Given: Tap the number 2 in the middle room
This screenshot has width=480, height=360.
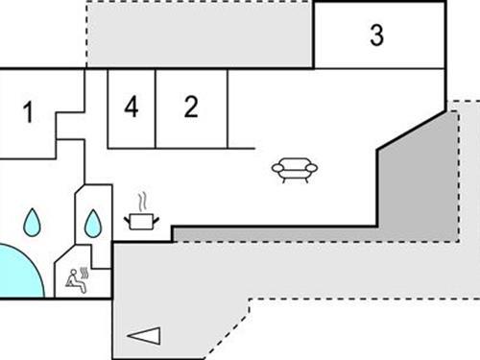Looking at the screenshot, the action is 191,107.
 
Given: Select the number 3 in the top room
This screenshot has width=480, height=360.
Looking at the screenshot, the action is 376,36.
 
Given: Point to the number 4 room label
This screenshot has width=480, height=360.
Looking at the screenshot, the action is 132,107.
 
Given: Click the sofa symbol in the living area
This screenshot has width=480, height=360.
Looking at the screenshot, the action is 295,169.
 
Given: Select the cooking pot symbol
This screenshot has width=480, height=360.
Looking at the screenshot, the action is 141,221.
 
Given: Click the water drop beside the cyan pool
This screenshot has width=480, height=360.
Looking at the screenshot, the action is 33,223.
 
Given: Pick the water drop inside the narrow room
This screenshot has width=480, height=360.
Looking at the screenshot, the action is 92,225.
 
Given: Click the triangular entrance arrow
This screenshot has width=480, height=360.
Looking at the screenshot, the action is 143,335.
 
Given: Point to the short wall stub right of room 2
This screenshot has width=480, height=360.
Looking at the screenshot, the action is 240,148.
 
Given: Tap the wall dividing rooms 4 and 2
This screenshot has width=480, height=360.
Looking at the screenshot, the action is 156,108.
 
